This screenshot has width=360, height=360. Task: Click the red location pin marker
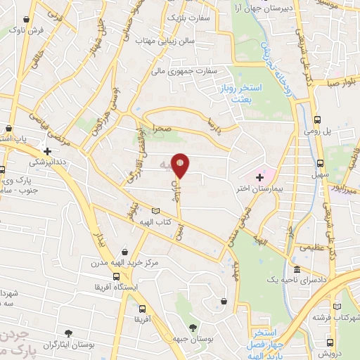pyautogui.click(x=181, y=165)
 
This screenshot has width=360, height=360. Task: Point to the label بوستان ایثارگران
pyautogui.click(x=67, y=346)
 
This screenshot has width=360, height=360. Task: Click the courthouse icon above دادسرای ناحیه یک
pyautogui.click(x=296, y=270)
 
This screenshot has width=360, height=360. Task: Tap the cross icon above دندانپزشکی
pyautogui.click(x=47, y=150)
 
